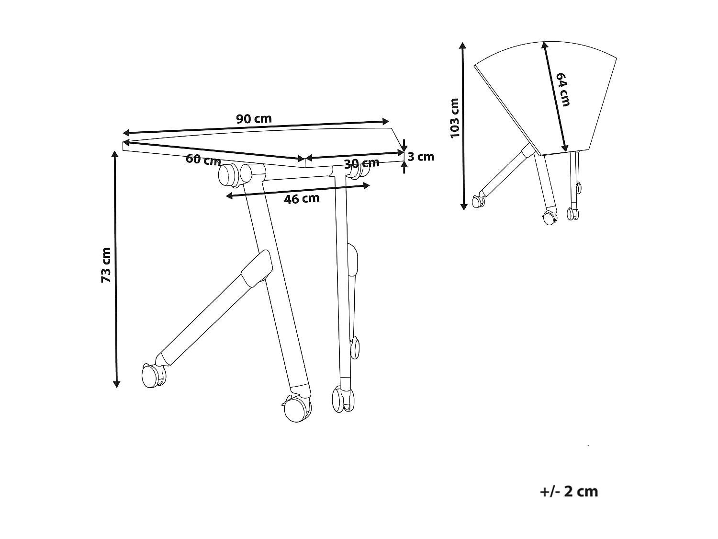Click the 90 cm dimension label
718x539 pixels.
pyautogui.click(x=254, y=118)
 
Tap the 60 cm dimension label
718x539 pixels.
pyautogui.click(x=203, y=160)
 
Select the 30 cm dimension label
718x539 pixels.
pyautogui.click(x=361, y=163)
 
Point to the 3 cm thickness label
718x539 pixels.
pyautogui.click(x=421, y=157)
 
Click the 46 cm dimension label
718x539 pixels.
pyautogui.click(x=302, y=198)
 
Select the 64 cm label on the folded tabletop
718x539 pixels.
pyautogui.click(x=563, y=89)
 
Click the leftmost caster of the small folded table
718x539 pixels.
pyautogui.click(x=478, y=202)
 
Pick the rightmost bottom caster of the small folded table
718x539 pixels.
pyautogui.click(x=572, y=214)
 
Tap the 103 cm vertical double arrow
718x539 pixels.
pyautogui.click(x=463, y=126)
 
